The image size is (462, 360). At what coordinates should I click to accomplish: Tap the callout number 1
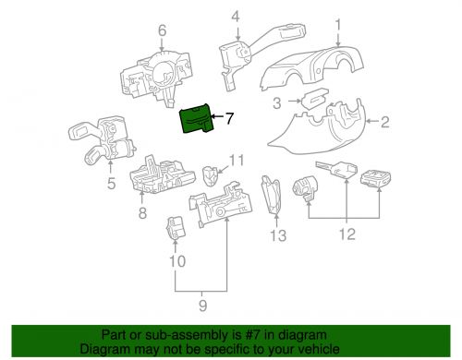point(337,24)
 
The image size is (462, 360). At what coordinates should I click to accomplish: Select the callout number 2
point(383,121)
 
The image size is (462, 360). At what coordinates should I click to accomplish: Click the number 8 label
point(142,214)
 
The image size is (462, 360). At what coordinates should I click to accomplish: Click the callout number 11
point(237,161)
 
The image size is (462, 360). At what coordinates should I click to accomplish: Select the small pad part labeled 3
point(309,102)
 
